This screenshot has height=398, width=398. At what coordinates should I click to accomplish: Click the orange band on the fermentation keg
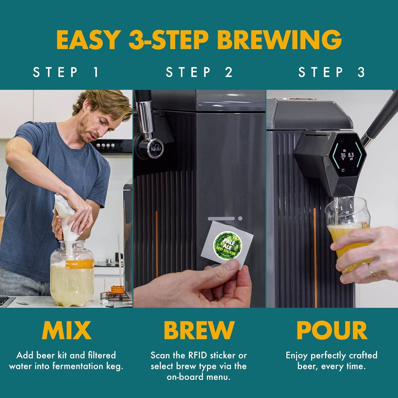point(80,263)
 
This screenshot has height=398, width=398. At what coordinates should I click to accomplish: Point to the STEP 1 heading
point(66,72)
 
